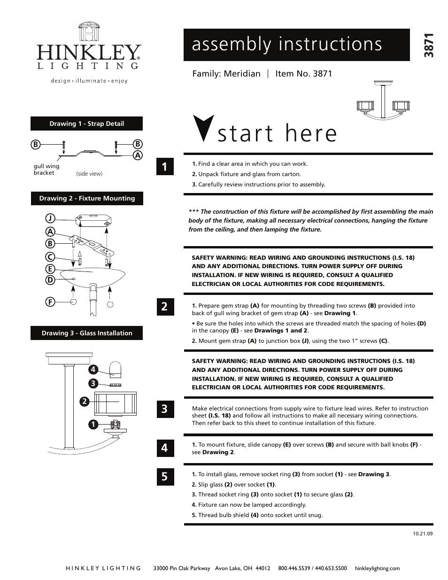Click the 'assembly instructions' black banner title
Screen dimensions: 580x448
coord(287,44)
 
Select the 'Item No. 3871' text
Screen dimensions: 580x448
coord(303,74)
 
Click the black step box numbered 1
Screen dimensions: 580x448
coord(164,167)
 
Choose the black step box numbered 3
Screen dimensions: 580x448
coord(164,409)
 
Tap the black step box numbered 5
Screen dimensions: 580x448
coord(164,477)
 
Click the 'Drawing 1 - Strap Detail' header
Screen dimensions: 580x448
coord(87,124)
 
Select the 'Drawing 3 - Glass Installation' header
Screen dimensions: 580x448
coord(87,333)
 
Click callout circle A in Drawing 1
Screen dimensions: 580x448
coord(138,155)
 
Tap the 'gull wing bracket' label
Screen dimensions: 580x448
coord(46,170)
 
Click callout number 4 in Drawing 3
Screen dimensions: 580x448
coord(94,369)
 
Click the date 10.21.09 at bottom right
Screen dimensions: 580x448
coord(423,534)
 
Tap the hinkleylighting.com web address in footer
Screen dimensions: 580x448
coord(377,568)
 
